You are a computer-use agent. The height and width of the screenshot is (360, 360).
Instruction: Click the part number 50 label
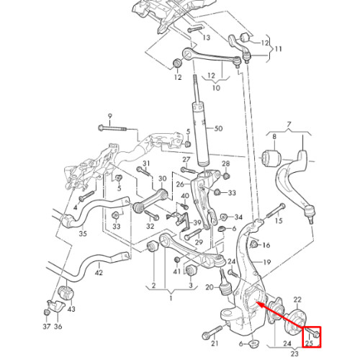(x=218, y=129)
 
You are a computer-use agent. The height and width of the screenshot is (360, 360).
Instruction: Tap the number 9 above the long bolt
(x=110, y=117)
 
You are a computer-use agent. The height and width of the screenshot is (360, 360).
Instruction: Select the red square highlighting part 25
(x=312, y=337)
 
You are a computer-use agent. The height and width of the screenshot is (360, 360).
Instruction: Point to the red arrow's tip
(x=256, y=302)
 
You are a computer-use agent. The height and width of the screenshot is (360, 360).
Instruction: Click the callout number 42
(x=99, y=273)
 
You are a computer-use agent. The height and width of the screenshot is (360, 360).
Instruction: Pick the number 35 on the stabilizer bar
(x=83, y=233)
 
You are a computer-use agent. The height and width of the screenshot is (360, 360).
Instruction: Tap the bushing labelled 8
(x=271, y=157)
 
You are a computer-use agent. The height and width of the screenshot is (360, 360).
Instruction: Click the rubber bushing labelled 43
(x=66, y=292)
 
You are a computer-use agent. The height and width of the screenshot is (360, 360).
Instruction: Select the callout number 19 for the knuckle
(x=266, y=262)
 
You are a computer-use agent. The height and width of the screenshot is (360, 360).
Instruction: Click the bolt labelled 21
(x=213, y=332)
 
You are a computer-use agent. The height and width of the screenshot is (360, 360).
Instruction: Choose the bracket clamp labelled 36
(x=56, y=306)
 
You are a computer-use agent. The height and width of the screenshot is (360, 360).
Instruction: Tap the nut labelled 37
(x=47, y=312)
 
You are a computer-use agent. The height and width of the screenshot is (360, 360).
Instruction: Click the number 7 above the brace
(x=289, y=125)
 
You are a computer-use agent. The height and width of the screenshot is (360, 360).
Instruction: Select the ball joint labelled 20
(x=225, y=283)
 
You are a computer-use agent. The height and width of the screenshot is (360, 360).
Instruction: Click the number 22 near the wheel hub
(x=297, y=300)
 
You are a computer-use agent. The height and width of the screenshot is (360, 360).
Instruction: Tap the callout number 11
(x=279, y=50)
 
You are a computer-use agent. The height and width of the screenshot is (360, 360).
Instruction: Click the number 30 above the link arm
(x=162, y=179)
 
